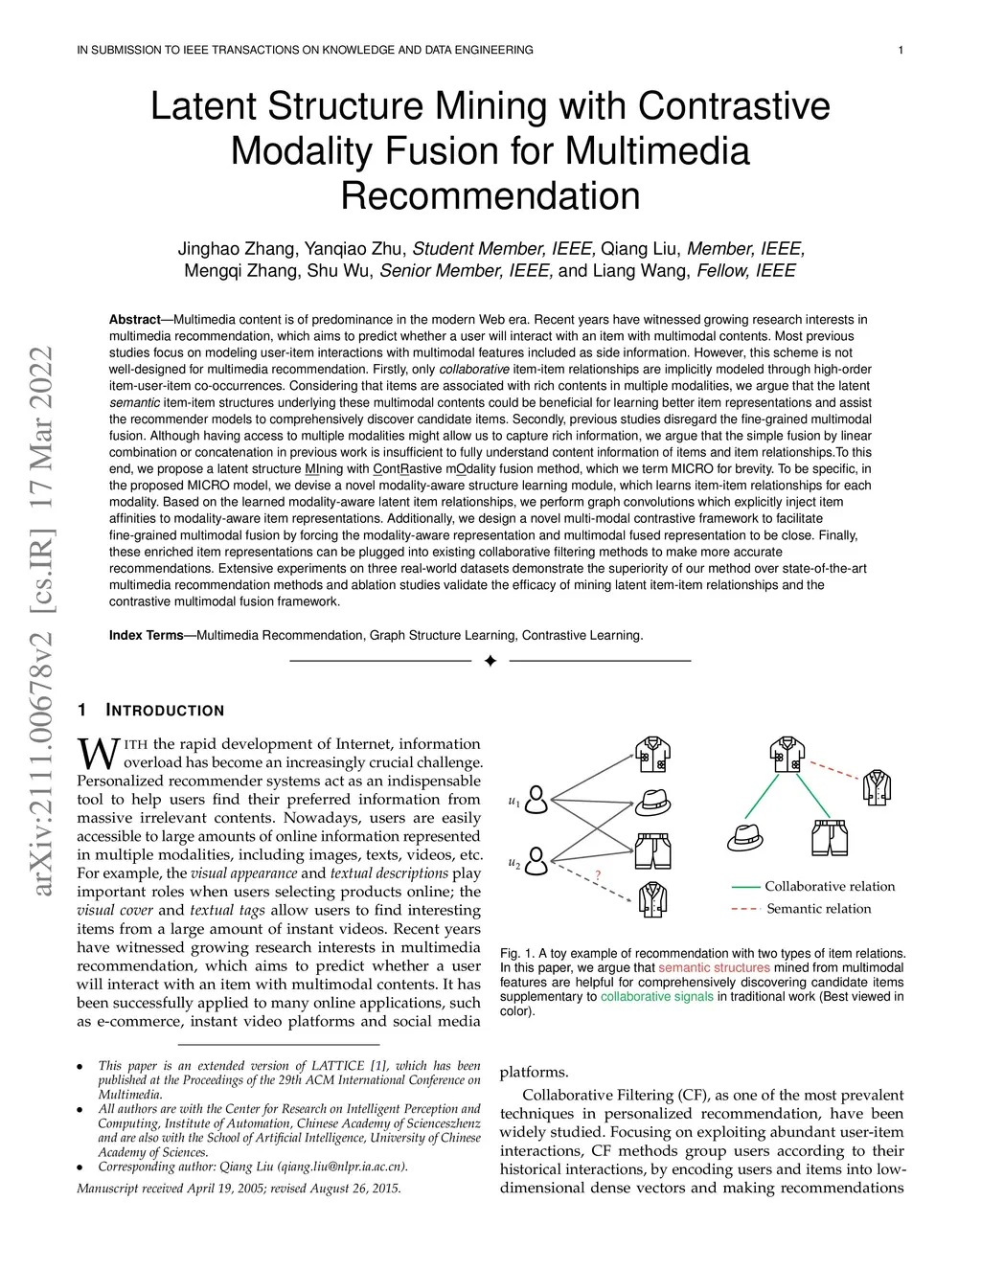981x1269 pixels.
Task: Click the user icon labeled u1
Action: point(537,800)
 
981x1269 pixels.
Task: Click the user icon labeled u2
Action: point(537,860)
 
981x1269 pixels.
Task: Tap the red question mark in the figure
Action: point(598,875)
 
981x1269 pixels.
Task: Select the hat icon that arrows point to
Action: point(653,802)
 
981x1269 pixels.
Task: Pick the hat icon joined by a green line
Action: point(745,837)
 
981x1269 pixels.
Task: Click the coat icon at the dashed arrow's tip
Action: point(653,899)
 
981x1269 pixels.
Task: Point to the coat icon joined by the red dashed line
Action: point(877,787)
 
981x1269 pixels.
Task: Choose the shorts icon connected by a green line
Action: point(830,837)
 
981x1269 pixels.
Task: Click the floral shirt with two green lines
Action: point(787,755)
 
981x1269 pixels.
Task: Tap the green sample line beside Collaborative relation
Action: point(745,887)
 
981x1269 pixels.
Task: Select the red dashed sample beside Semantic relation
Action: point(745,909)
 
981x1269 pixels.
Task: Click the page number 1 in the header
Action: point(901,50)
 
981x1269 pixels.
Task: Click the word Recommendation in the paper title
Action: point(490,196)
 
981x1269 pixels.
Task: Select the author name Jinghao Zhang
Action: point(237,249)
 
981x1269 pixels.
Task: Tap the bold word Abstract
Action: point(134,320)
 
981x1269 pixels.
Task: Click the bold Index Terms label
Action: point(146,635)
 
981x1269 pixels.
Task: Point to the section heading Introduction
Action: point(165,711)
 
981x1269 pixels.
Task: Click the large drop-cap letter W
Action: point(98,754)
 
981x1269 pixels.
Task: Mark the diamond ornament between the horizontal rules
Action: point(490,661)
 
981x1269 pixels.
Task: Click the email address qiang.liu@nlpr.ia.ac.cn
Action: point(340,1167)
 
